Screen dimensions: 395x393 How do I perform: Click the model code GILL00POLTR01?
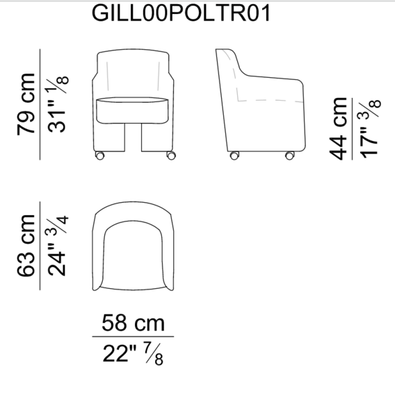(x=181, y=13)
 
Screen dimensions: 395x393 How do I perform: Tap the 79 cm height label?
(x=26, y=104)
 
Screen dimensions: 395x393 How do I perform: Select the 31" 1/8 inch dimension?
(x=58, y=103)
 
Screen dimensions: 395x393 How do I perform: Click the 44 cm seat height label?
(x=338, y=128)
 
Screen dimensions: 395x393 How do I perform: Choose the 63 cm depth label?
(x=26, y=246)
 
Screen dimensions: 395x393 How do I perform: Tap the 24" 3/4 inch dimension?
(x=57, y=246)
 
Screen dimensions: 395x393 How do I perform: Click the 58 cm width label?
(x=133, y=323)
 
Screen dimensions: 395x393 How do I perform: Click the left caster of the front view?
(x=99, y=156)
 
